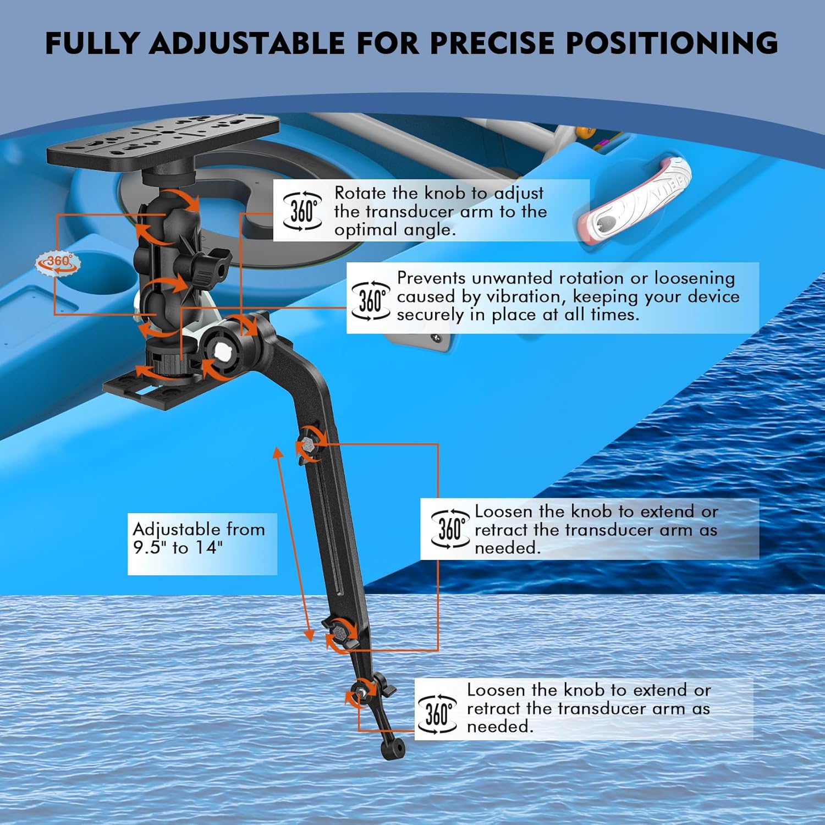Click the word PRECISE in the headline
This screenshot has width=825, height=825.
491,43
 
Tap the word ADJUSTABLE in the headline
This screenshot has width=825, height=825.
247,43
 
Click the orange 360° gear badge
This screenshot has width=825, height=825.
58,262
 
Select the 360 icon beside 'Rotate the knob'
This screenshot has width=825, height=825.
302,211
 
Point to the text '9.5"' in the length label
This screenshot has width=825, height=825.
149,547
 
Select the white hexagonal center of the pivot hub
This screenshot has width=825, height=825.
223,351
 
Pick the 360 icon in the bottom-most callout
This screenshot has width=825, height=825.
437,714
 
